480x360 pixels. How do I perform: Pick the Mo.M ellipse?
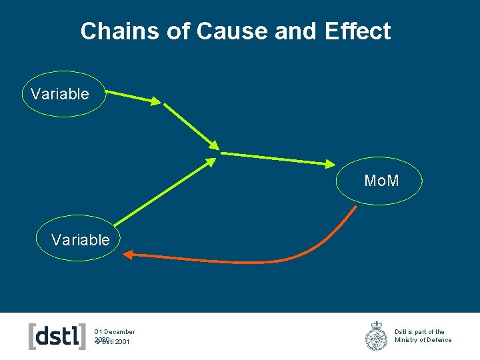[380, 181]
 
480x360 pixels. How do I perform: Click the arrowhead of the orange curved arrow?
[129, 253]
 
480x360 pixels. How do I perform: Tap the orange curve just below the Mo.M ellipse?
[347, 220]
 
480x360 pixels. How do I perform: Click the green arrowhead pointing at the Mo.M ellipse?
[331, 163]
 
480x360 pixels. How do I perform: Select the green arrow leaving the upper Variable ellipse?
[133, 97]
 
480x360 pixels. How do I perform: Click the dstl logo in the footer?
[57, 336]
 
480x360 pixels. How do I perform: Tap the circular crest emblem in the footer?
[376, 336]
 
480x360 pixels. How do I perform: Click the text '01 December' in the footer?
[114, 331]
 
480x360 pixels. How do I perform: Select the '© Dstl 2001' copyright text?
[113, 342]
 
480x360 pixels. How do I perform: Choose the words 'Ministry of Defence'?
[423, 340]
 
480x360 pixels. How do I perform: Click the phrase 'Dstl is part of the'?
[419, 331]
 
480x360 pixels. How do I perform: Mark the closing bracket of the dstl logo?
[83, 336]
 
